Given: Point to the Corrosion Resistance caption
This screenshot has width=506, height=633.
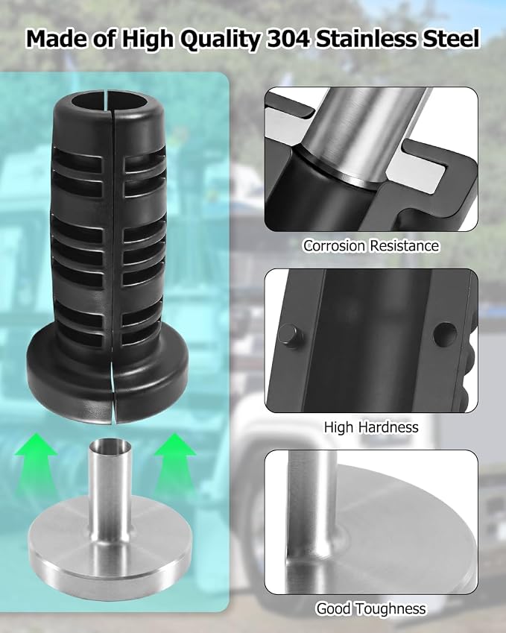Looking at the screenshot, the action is [x=371, y=245].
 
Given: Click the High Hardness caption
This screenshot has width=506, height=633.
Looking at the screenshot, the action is [x=371, y=427].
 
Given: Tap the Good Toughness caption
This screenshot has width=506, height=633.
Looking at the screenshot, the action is [x=371, y=609].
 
